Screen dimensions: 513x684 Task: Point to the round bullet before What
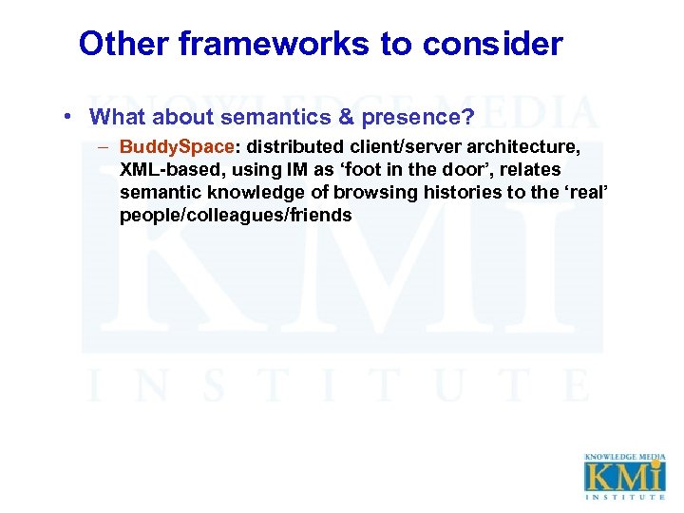72,117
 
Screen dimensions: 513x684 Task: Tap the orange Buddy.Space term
177,147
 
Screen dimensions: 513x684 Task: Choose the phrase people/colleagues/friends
236,216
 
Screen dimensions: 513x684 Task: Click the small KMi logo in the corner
624,476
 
